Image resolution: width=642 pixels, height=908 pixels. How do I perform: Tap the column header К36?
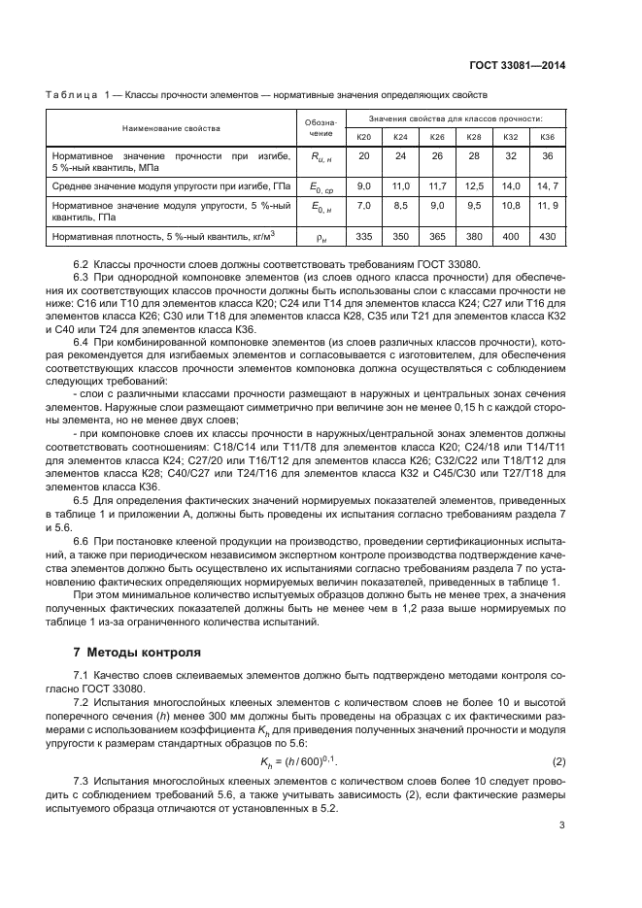(547, 137)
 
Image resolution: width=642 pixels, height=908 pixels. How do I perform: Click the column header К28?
(474, 137)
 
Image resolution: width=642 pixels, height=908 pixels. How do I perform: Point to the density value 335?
(364, 236)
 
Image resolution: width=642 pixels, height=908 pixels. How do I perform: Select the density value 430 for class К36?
(547, 236)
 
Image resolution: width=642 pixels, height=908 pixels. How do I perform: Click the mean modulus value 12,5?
(474, 185)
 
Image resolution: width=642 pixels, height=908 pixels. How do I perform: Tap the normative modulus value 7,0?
(364, 206)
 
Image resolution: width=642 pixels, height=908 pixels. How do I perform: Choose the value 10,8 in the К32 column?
(511, 206)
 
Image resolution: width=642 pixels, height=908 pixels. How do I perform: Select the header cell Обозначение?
(323, 128)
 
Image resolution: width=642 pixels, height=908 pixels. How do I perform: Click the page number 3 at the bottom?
(562, 825)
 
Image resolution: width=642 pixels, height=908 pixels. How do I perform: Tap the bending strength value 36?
(547, 155)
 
